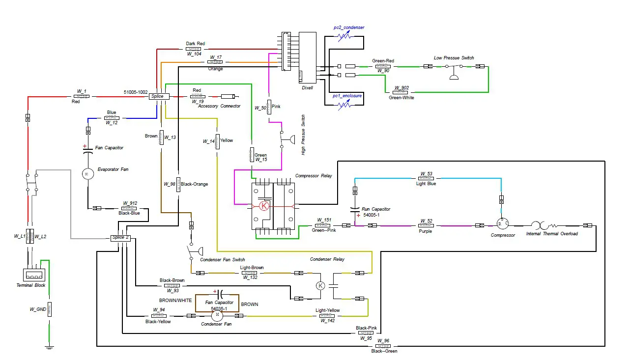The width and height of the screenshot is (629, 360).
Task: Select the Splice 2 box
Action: pyautogui.click(x=120, y=238)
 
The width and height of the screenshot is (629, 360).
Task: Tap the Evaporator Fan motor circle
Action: pyautogui.click(x=87, y=174)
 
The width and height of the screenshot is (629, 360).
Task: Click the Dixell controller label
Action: pyautogui.click(x=307, y=87)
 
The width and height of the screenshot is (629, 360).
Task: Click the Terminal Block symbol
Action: pyautogui.click(x=34, y=276)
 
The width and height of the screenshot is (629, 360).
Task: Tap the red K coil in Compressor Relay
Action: pyautogui.click(x=264, y=206)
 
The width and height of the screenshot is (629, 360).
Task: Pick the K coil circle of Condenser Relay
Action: pyautogui.click(x=320, y=285)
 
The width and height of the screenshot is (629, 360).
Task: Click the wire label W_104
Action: pyautogui.click(x=194, y=54)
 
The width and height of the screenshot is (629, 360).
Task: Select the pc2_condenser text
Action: pyautogui.click(x=349, y=28)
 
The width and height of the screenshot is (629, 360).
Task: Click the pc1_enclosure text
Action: pyautogui.click(x=347, y=96)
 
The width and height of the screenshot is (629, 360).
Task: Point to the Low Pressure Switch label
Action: pyautogui.click(x=454, y=58)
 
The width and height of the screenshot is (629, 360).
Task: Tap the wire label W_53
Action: pyautogui.click(x=426, y=173)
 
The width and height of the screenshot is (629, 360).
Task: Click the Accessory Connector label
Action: pyautogui.click(x=219, y=106)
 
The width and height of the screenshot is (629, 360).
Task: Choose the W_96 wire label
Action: pyautogui.click(x=383, y=340)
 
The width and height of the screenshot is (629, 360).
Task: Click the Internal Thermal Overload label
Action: pyautogui.click(x=552, y=234)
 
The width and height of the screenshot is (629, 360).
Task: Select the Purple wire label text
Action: pyautogui.click(x=425, y=231)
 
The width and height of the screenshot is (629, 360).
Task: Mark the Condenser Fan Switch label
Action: pyautogui.click(x=223, y=260)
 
